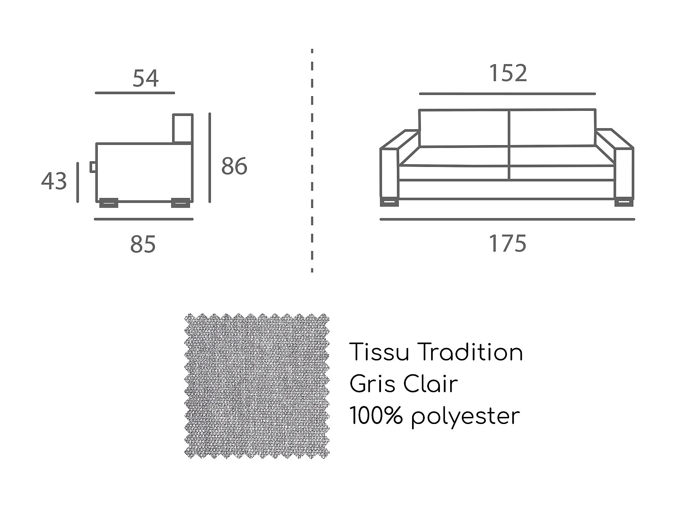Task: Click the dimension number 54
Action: (145, 78)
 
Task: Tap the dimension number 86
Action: (234, 166)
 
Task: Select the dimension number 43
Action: (54, 181)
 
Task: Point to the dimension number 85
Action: (143, 244)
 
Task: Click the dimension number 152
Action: (508, 73)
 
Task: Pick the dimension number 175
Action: (507, 244)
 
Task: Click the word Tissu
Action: (379, 352)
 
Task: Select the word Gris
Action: (372, 384)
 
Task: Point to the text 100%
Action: (376, 416)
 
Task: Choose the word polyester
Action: (466, 417)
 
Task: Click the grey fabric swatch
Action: (257, 386)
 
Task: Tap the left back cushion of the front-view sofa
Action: (464, 128)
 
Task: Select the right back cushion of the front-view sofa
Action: (552, 128)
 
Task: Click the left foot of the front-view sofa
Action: (389, 203)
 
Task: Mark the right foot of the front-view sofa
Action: (624, 203)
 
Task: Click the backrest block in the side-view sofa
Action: (183, 129)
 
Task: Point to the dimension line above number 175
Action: (507, 219)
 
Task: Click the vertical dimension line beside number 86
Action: (210, 158)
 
